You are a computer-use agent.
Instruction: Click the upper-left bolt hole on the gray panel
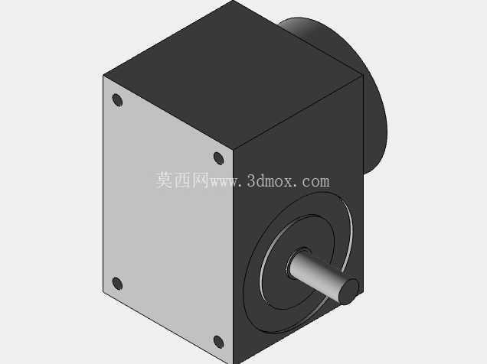[117, 100]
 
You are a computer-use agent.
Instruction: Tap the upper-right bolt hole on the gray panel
[219, 158]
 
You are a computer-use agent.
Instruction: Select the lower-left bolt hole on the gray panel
[117, 284]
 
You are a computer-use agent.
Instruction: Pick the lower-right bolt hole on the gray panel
[219, 342]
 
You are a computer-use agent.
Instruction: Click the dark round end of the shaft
[349, 291]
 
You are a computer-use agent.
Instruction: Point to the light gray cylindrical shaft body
[320, 274]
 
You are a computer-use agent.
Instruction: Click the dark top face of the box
[233, 73]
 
